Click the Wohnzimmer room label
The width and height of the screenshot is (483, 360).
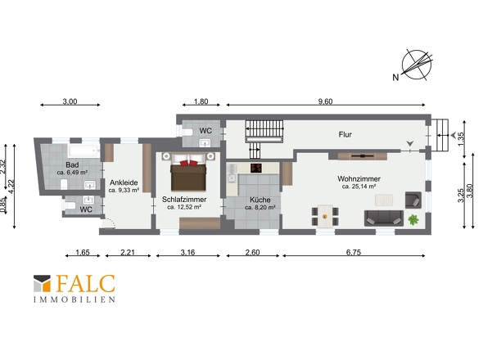pyautogui.click(x=359, y=178)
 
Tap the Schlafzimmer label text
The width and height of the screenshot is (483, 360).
pyautogui.click(x=184, y=200)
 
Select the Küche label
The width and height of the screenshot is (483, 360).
pyautogui.click(x=260, y=200)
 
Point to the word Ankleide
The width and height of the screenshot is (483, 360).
pyautogui.click(x=124, y=182)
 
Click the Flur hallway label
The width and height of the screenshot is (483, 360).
pyautogui.click(x=345, y=134)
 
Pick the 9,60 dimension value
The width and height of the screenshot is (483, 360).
pyautogui.click(x=326, y=101)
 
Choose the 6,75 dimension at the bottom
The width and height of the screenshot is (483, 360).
pyautogui.click(x=354, y=252)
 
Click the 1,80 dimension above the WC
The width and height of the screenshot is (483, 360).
pyautogui.click(x=201, y=101)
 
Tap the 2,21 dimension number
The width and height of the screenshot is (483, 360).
pyautogui.click(x=128, y=252)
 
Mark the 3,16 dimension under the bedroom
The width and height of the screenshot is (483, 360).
pyautogui.click(x=187, y=252)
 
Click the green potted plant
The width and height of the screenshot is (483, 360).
pyautogui.click(x=413, y=219)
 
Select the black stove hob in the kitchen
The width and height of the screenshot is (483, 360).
pyautogui.click(x=256, y=168)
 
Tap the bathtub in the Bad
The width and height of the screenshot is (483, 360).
pyautogui.click(x=84, y=151)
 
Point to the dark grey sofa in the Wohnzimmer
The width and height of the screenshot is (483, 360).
pyautogui.click(x=384, y=218)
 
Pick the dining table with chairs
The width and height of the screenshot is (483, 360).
pyautogui.click(x=325, y=216)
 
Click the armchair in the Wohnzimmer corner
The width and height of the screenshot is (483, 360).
pyautogui.click(x=413, y=200)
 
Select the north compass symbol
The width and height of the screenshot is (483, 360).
pyautogui.click(x=417, y=65)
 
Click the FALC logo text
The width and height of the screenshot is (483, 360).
pyautogui.click(x=86, y=284)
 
